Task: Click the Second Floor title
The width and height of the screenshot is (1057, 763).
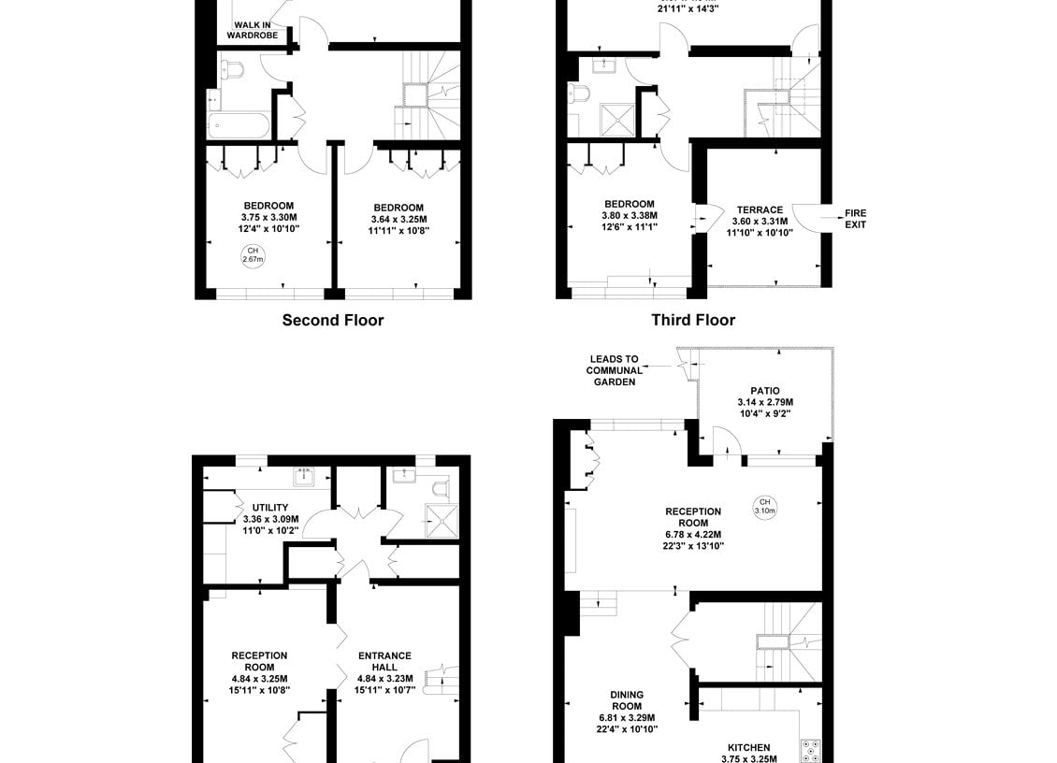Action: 333,320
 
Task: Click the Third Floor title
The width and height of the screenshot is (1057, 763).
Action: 693,320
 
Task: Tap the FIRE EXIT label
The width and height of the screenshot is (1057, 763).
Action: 856,219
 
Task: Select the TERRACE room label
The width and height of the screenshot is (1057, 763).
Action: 760,210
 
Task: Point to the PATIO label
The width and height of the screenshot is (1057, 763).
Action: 765,391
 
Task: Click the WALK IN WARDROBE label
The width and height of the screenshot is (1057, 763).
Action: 253,30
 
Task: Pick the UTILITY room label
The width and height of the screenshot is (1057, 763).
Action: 270,508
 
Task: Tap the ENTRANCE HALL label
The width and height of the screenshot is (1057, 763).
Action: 384,661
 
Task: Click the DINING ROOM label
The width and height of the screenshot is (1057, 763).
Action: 627,700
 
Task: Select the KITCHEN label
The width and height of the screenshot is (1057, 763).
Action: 749,747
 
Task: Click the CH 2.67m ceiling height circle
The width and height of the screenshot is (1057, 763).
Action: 253,255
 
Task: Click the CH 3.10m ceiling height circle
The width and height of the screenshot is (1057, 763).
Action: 764,506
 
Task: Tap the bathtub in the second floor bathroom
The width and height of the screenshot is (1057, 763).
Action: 239,126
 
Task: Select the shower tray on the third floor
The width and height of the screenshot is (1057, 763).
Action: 616,120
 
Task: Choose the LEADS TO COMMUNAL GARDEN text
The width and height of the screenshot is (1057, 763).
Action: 615,370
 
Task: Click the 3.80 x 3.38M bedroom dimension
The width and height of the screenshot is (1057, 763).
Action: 630,216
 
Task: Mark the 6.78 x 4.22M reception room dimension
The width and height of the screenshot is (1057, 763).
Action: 693,535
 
